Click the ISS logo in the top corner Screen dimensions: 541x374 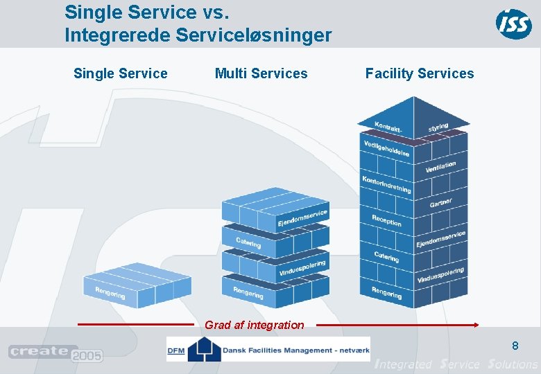click(513, 24)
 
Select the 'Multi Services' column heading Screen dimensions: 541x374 click(261, 73)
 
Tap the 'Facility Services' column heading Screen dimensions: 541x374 click(420, 73)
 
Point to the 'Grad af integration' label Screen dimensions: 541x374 click(254, 325)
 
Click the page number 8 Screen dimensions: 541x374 click(515, 346)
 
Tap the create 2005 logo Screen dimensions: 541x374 click(55, 353)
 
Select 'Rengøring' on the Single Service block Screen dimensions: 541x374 click(110, 293)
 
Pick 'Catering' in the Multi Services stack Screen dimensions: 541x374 click(248, 243)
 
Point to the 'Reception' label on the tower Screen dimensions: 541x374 click(386, 220)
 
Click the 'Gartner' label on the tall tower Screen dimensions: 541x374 click(440, 203)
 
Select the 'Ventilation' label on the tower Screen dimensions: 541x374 click(440, 167)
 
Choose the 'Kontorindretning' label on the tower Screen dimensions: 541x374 click(386, 184)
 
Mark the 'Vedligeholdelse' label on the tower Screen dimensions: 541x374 click(386, 148)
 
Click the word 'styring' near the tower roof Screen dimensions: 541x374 click(438, 127)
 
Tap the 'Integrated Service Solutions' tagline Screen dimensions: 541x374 click(455, 364)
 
